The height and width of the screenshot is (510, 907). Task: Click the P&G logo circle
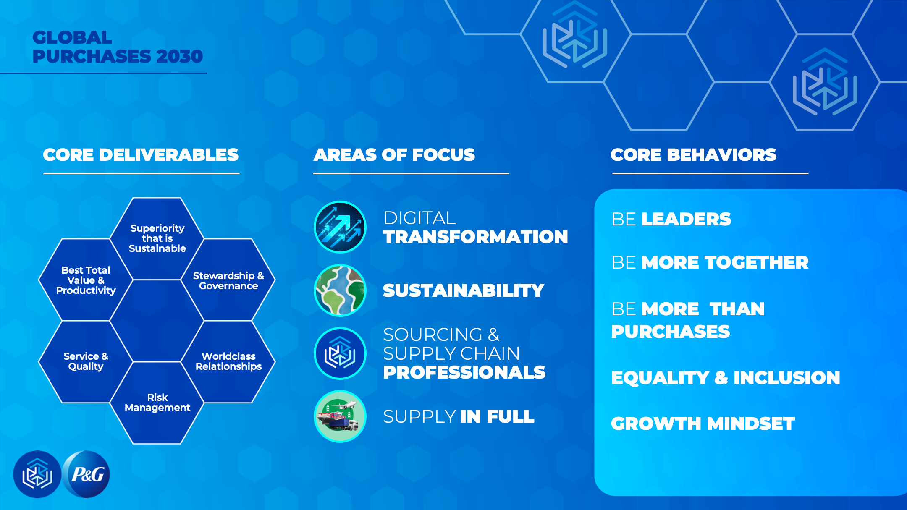click(86, 474)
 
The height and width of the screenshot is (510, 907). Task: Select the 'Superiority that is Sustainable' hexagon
click(157, 238)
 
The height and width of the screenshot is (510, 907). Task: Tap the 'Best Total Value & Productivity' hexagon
click(86, 280)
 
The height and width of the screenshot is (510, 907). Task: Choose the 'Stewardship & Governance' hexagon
click(228, 280)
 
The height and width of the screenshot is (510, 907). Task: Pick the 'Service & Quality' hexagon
click(86, 361)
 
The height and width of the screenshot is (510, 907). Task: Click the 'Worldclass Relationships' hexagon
click(228, 361)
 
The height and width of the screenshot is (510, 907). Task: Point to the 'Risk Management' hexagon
click(157, 403)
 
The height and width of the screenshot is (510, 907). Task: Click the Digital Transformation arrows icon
click(340, 227)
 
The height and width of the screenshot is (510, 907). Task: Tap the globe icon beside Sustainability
click(340, 290)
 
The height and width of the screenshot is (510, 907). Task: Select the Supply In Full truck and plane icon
click(340, 416)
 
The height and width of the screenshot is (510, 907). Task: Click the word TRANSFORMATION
click(475, 237)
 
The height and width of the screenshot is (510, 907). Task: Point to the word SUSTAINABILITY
click(464, 290)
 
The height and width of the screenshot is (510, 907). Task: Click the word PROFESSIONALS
click(464, 372)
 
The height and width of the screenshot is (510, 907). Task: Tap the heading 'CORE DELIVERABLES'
click(141, 155)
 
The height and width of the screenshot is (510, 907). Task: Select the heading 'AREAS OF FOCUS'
click(394, 155)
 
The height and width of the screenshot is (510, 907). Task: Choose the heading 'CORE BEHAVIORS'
click(693, 155)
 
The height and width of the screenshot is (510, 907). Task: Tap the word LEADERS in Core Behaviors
click(686, 219)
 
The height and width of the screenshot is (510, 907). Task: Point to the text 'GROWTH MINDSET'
click(703, 424)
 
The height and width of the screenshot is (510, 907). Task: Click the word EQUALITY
click(660, 378)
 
